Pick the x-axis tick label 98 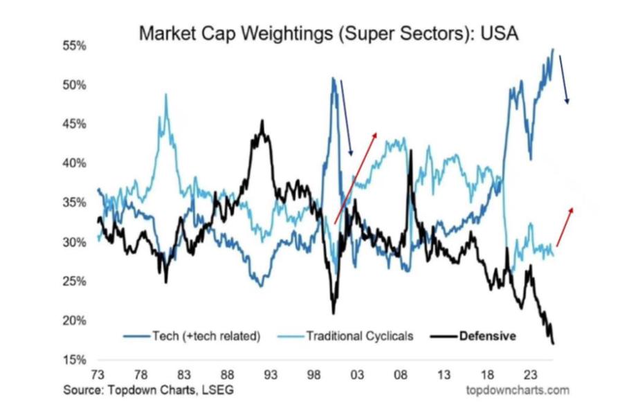pyautogui.click(x=314, y=374)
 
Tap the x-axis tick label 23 pyautogui.click(x=529, y=374)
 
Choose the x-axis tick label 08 pyautogui.click(x=401, y=374)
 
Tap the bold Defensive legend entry pyautogui.click(x=488, y=337)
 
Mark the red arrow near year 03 pyautogui.click(x=356, y=177)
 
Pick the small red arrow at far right pyautogui.click(x=565, y=226)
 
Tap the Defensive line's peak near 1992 pyautogui.click(x=262, y=122)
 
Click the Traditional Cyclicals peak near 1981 pyautogui.click(x=166, y=95)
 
